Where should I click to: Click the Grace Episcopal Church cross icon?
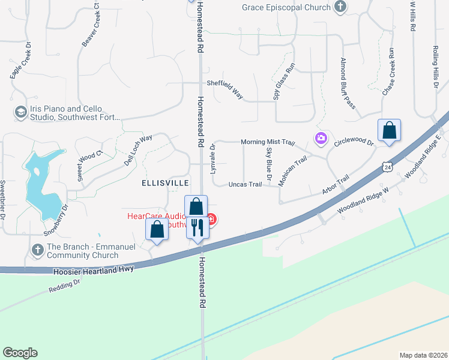pyautogui.click(x=340, y=7)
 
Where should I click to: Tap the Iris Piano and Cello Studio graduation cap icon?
pyautogui.click(x=20, y=112)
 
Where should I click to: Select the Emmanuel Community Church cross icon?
pyautogui.click(x=37, y=248)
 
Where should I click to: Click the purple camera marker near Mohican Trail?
pyautogui.click(x=321, y=139)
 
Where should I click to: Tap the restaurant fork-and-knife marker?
pyautogui.click(x=197, y=227)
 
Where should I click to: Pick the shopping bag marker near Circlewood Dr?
pyautogui.click(x=389, y=130)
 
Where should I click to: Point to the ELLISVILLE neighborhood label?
pyautogui.click(x=165, y=182)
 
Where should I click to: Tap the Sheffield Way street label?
pyautogui.click(x=225, y=88)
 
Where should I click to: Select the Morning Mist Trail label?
pyautogui.click(x=268, y=142)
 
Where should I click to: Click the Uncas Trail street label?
pyautogui.click(x=245, y=184)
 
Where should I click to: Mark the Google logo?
pyautogui.click(x=20, y=353)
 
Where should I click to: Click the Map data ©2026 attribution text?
pyautogui.click(x=423, y=355)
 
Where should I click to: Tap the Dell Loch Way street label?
pyautogui.click(x=138, y=151)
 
